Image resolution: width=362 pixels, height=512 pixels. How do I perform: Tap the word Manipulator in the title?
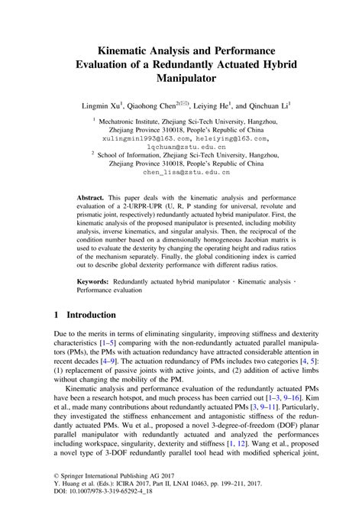181,76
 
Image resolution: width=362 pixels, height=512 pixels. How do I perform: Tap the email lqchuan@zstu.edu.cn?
181,149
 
